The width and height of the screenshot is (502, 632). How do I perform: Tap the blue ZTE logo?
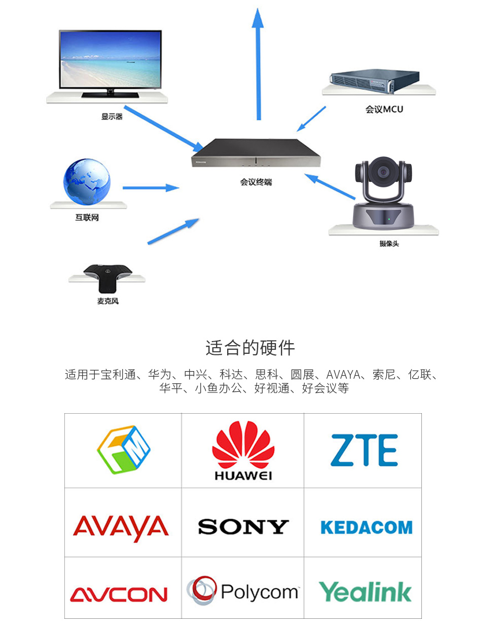[x=364, y=450]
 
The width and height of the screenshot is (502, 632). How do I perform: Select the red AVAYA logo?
[x=121, y=528]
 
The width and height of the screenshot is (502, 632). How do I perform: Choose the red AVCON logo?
[x=119, y=594]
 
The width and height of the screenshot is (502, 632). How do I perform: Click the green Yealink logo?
[x=365, y=592]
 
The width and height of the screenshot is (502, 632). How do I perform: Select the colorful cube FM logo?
[x=124, y=450]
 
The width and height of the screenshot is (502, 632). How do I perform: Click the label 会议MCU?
[x=384, y=109]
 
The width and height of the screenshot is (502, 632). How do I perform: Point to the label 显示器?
[x=112, y=117]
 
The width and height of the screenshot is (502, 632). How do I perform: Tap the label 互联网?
[x=87, y=218]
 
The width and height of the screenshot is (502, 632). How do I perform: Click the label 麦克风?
[x=107, y=301]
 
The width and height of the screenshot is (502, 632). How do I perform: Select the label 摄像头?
[x=389, y=244]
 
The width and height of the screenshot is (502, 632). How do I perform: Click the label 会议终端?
[x=256, y=182]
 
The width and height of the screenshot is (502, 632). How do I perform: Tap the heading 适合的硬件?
[x=250, y=348]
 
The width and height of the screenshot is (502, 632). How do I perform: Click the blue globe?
[x=87, y=182]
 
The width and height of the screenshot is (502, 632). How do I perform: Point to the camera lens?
[x=383, y=171]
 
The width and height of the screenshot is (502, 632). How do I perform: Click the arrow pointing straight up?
[x=258, y=64]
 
